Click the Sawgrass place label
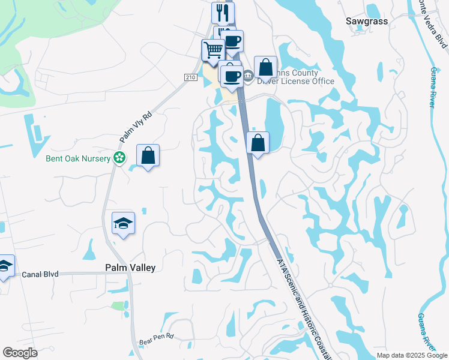coord(367,21)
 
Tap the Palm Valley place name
coord(130,268)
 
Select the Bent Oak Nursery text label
coord(78,158)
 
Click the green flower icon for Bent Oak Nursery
coord(119,158)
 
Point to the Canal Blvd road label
coord(40,274)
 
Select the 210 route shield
coord(191,77)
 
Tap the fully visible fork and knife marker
coord(223,12)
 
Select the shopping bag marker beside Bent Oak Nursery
coord(148,156)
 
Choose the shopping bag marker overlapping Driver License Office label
coord(265,67)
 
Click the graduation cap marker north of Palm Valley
coord(124,223)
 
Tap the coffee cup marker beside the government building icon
coord(232,76)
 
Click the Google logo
coord(20,353)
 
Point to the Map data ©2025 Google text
coord(412,355)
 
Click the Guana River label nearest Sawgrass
coord(432,87)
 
